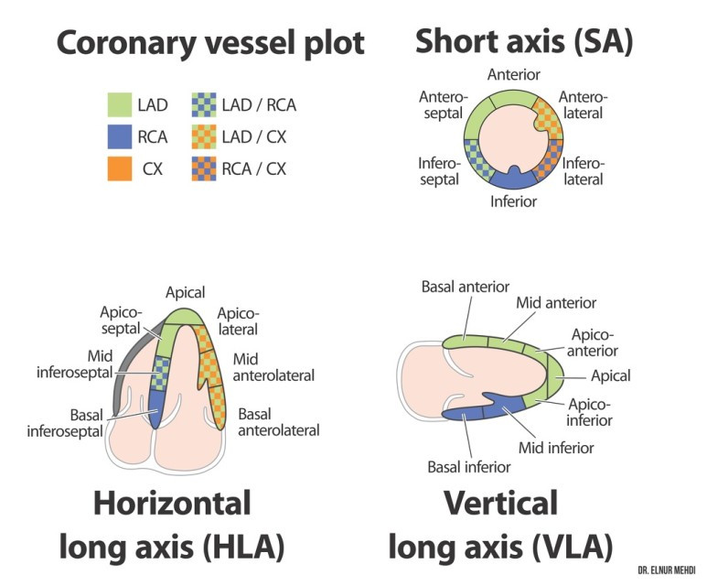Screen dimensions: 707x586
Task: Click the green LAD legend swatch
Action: [120, 104]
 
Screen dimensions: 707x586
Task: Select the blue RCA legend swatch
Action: [120, 136]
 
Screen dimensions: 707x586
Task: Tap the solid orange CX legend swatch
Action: [120, 168]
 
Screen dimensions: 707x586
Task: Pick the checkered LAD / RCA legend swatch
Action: [204, 104]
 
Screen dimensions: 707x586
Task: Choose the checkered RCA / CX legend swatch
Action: [204, 168]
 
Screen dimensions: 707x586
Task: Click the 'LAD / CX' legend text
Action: [254, 136]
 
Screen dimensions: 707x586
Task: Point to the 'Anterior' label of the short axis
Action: [514, 74]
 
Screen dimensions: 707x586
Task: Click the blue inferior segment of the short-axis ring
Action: [513, 179]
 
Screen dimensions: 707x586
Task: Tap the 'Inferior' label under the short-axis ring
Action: [514, 201]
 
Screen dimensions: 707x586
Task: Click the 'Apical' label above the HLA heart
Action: [185, 293]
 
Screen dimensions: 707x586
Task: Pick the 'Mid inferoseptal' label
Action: [74, 364]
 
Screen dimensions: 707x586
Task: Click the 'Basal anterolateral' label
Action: [279, 422]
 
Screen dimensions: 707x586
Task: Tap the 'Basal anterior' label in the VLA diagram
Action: [466, 287]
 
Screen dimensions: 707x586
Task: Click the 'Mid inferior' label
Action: [556, 448]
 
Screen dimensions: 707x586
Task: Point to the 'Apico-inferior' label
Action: [589, 412]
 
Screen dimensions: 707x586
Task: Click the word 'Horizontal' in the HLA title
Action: [172, 503]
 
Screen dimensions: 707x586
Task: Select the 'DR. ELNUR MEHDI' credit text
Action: [667, 570]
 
